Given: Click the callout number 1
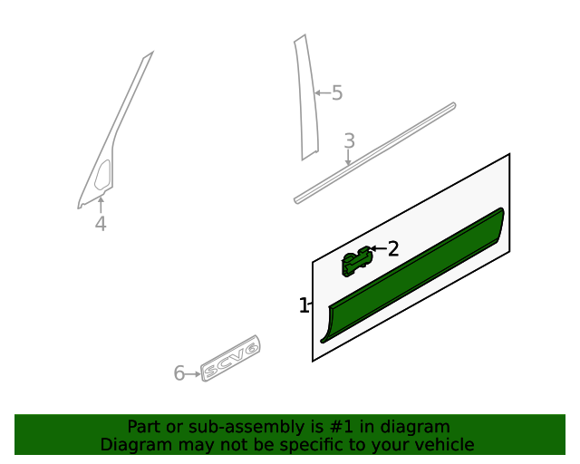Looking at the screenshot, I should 304,306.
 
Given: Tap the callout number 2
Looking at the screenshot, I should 393,248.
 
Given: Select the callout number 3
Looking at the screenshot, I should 349,141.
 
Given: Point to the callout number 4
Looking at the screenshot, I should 101,224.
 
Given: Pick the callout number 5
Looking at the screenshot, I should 337,92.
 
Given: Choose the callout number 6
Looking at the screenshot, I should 179,373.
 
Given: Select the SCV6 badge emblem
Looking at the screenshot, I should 230,358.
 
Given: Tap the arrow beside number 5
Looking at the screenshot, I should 322,92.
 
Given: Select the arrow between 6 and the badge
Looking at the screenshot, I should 193,373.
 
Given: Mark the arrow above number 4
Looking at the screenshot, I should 101,203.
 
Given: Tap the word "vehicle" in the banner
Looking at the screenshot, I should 443,445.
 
